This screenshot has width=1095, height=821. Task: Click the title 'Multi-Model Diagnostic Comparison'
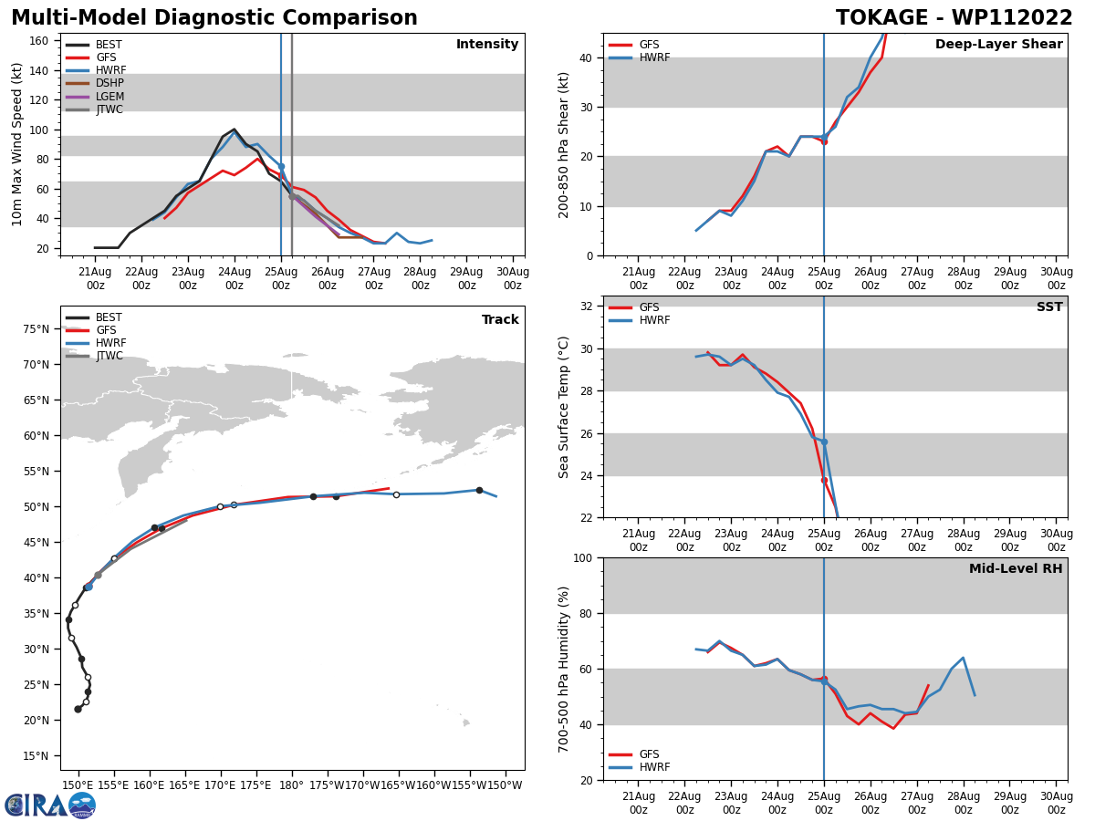214,18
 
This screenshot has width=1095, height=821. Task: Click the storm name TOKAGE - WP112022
954,18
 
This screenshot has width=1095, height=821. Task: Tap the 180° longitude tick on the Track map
291,785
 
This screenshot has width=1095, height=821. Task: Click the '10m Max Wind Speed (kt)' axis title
17,144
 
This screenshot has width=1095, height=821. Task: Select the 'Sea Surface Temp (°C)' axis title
564,407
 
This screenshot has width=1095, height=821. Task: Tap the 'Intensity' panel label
487,45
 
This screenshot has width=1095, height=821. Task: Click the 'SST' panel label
1049,307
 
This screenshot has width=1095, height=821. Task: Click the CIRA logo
50,805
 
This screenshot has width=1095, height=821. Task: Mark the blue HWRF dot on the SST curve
824,442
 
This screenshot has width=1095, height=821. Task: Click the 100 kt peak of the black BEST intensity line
234,130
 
